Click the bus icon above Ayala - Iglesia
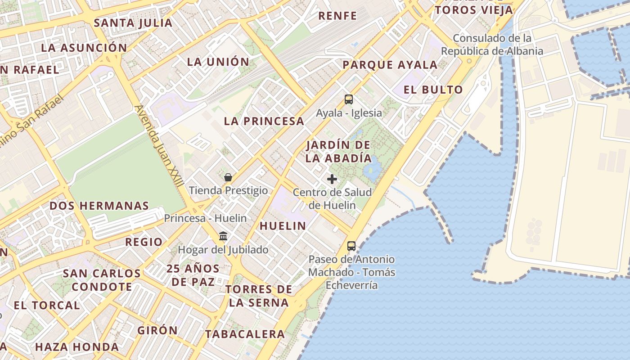coord(349,99)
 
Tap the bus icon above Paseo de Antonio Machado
coord(351,246)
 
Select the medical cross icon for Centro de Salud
coord(332,179)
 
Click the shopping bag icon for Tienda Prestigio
coord(228,177)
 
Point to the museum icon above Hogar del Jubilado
coord(223,236)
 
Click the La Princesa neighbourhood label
coord(264,121)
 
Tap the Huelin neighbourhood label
coord(283,226)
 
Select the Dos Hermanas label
coord(99,206)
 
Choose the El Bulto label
coord(433,90)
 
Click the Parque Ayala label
coord(390,65)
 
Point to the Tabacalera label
coord(245,334)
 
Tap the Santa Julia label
coord(133,22)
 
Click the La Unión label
coord(218,62)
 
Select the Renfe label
coord(337,16)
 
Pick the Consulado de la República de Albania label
coord(492,45)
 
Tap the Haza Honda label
coord(77,347)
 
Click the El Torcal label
coord(47,305)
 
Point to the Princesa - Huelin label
coord(205,218)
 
